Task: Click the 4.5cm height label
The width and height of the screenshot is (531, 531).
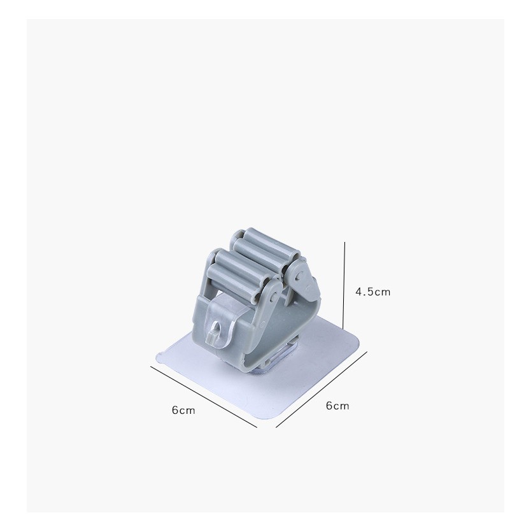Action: pyautogui.click(x=373, y=292)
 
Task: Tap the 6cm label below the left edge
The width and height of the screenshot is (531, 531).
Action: pyautogui.click(x=183, y=411)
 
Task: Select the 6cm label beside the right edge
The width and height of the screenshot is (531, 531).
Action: pyautogui.click(x=337, y=406)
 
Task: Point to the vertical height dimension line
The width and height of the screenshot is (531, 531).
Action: pyautogui.click(x=344, y=285)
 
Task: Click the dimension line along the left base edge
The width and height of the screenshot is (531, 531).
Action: pyautogui.click(x=204, y=397)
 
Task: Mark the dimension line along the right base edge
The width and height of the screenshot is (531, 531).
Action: pyautogui.click(x=322, y=390)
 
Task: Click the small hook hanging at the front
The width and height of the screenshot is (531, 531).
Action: pyautogui.click(x=215, y=333)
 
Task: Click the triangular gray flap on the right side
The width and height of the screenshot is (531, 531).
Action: pyautogui.click(x=303, y=279)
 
